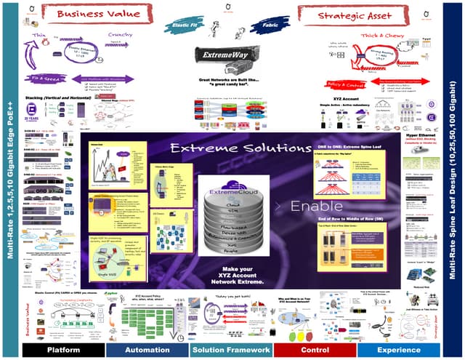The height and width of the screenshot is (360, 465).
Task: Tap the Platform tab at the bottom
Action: coord(63,350)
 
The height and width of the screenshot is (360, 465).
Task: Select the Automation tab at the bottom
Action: coord(147,350)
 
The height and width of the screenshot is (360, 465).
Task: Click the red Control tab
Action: coord(315,350)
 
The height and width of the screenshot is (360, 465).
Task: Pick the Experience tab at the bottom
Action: coord(398,350)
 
